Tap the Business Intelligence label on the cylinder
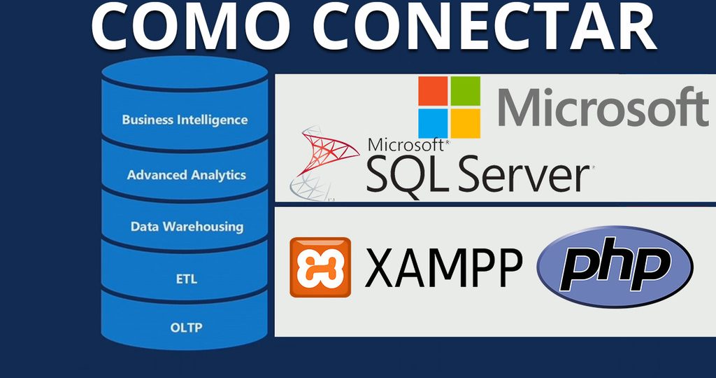point(185,120)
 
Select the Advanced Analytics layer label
point(186,175)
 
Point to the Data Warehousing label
point(187,227)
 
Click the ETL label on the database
point(186,279)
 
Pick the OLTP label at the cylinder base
point(186,328)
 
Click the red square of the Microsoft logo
point(433,91)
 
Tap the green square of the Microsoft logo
point(466,91)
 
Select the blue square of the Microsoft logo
point(433,123)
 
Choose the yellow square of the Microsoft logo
point(466,123)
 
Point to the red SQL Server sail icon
point(325,164)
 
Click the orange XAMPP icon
point(320,267)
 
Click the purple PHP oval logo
point(615,267)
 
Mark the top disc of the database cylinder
point(185,73)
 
